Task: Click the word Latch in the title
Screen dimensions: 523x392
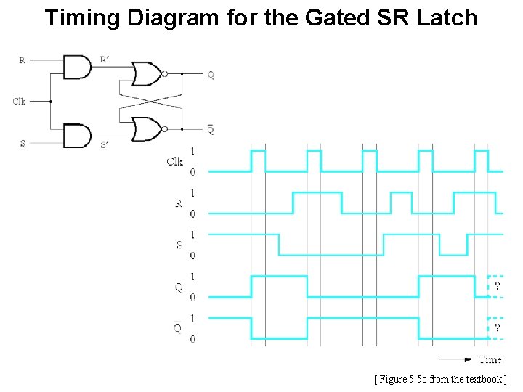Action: (446, 17)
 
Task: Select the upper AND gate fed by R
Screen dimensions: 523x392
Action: (77, 68)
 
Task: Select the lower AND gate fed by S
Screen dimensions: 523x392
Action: (77, 135)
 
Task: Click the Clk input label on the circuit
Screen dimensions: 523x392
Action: (20, 102)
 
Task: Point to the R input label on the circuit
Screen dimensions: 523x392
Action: (22, 60)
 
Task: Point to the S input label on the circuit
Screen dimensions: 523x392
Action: (23, 143)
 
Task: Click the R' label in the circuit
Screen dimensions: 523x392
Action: (105, 60)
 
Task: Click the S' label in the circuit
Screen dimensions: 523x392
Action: (105, 144)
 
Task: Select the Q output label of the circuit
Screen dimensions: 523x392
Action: (210, 74)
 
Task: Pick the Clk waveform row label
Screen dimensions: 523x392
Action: (174, 161)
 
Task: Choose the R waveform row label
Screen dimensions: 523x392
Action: (179, 203)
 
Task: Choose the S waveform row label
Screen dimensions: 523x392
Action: (179, 245)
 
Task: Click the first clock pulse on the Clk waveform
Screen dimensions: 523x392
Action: (258, 160)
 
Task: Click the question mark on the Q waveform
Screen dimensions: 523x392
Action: (497, 286)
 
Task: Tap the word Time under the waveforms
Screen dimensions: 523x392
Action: (490, 359)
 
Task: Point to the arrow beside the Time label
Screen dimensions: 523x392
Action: (456, 359)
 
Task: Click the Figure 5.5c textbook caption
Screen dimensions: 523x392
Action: (440, 379)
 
